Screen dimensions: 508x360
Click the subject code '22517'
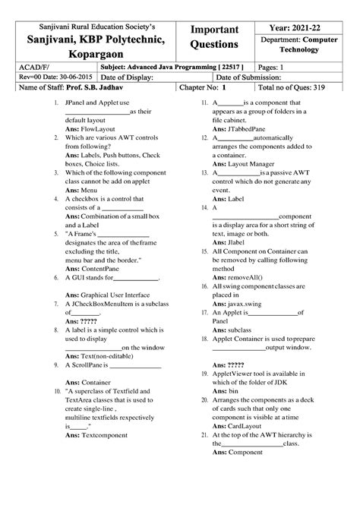pos(232,67)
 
